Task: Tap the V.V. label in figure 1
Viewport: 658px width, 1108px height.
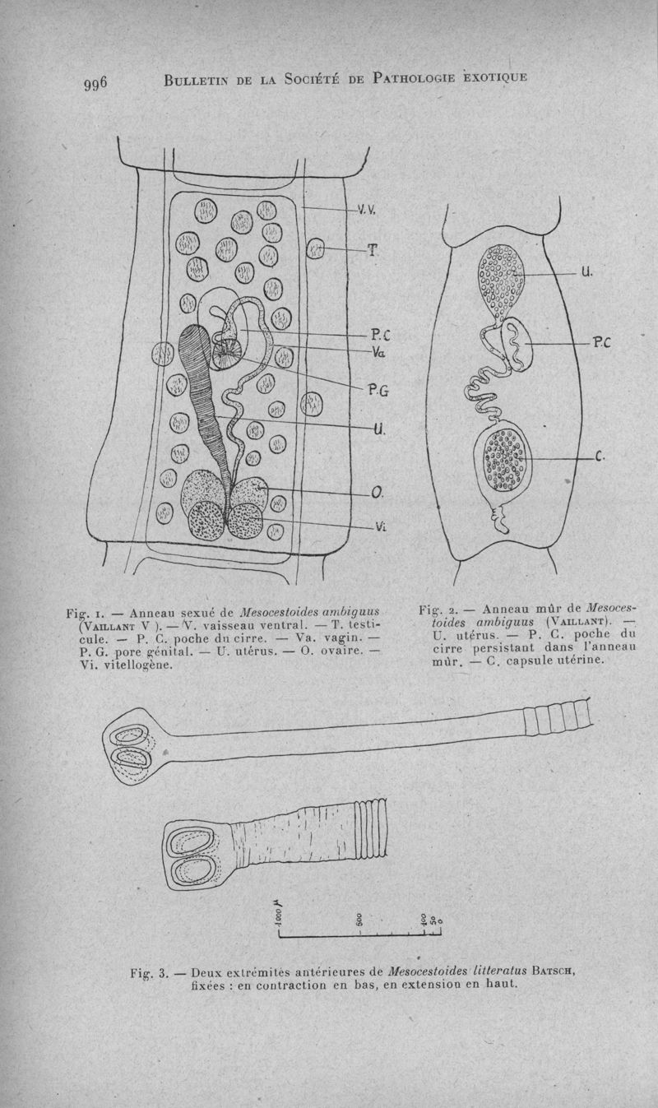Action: point(366,210)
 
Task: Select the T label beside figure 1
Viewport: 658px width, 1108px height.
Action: point(371,250)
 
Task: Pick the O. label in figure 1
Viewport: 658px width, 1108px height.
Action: point(377,492)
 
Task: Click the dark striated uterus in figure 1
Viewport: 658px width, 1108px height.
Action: point(202,387)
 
